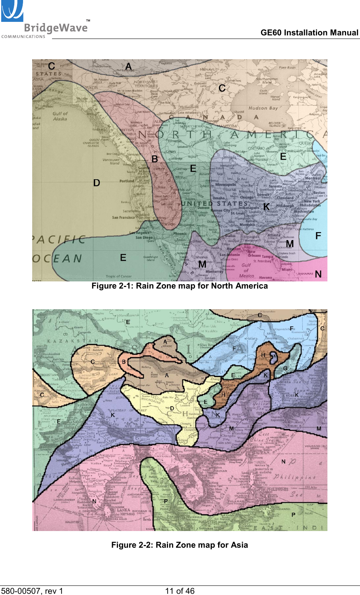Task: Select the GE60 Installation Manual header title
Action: (309, 33)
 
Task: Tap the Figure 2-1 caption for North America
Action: (180, 286)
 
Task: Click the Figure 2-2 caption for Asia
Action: (180, 545)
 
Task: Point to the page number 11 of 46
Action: (180, 591)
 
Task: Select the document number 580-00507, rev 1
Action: (32, 591)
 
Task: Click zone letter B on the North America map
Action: (155, 159)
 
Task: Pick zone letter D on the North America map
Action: (97, 183)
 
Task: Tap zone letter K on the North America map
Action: (266, 207)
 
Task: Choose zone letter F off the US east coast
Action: (318, 236)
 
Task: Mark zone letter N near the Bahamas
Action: (318, 274)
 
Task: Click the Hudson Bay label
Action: (263, 108)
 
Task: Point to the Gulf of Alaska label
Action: (60, 116)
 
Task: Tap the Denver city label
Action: (203, 208)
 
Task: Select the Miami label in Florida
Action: (287, 269)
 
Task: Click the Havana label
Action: (265, 278)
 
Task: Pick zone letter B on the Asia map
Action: (124, 362)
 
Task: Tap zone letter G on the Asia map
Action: (285, 368)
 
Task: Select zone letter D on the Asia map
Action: (172, 408)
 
